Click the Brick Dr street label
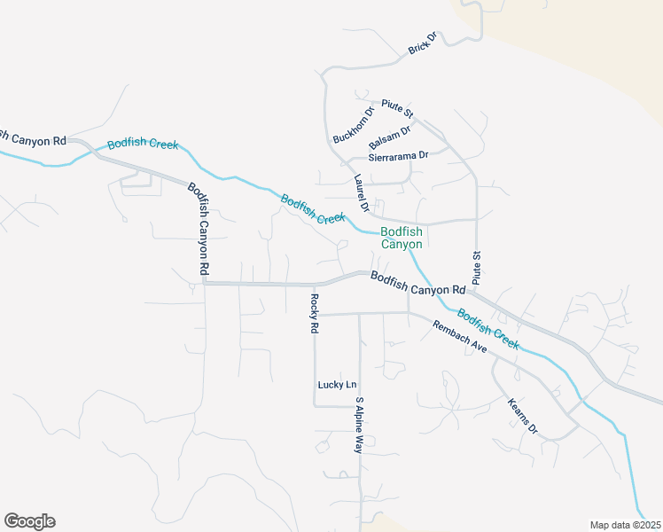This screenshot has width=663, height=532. [423, 44]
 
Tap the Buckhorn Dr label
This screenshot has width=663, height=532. [354, 126]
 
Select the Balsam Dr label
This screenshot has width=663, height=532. [390, 137]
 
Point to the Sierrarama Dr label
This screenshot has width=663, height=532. [398, 155]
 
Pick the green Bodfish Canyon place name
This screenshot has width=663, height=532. [402, 237]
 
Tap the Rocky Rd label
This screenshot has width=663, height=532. [314, 313]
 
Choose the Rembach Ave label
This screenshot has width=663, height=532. [460, 337]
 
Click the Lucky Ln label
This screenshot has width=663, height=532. [337, 385]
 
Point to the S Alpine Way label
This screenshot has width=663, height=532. [359, 426]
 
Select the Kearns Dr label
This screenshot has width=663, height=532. [523, 415]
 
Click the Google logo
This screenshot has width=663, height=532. [29, 521]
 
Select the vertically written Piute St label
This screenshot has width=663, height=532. [476, 268]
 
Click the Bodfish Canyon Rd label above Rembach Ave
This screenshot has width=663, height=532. [417, 283]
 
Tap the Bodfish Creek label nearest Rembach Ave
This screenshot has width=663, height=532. [488, 329]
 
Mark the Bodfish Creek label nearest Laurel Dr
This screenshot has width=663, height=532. [312, 208]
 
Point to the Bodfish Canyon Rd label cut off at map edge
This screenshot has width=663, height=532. [34, 138]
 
